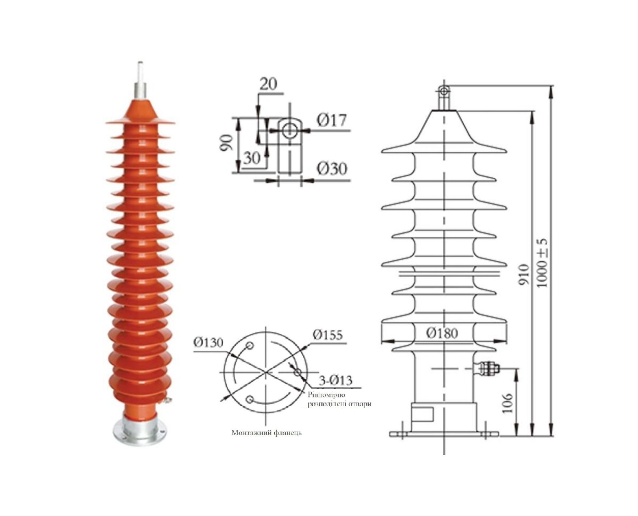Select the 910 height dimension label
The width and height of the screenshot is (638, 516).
click(524, 274)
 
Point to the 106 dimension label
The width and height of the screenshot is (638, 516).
click(508, 403)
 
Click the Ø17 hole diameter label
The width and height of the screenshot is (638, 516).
click(331, 121)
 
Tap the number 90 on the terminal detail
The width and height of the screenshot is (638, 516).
click(227, 143)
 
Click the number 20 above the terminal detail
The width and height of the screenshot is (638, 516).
click(269, 84)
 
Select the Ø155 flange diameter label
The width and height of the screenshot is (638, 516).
click(328, 335)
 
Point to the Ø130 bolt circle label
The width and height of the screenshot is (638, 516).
click(208, 342)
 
